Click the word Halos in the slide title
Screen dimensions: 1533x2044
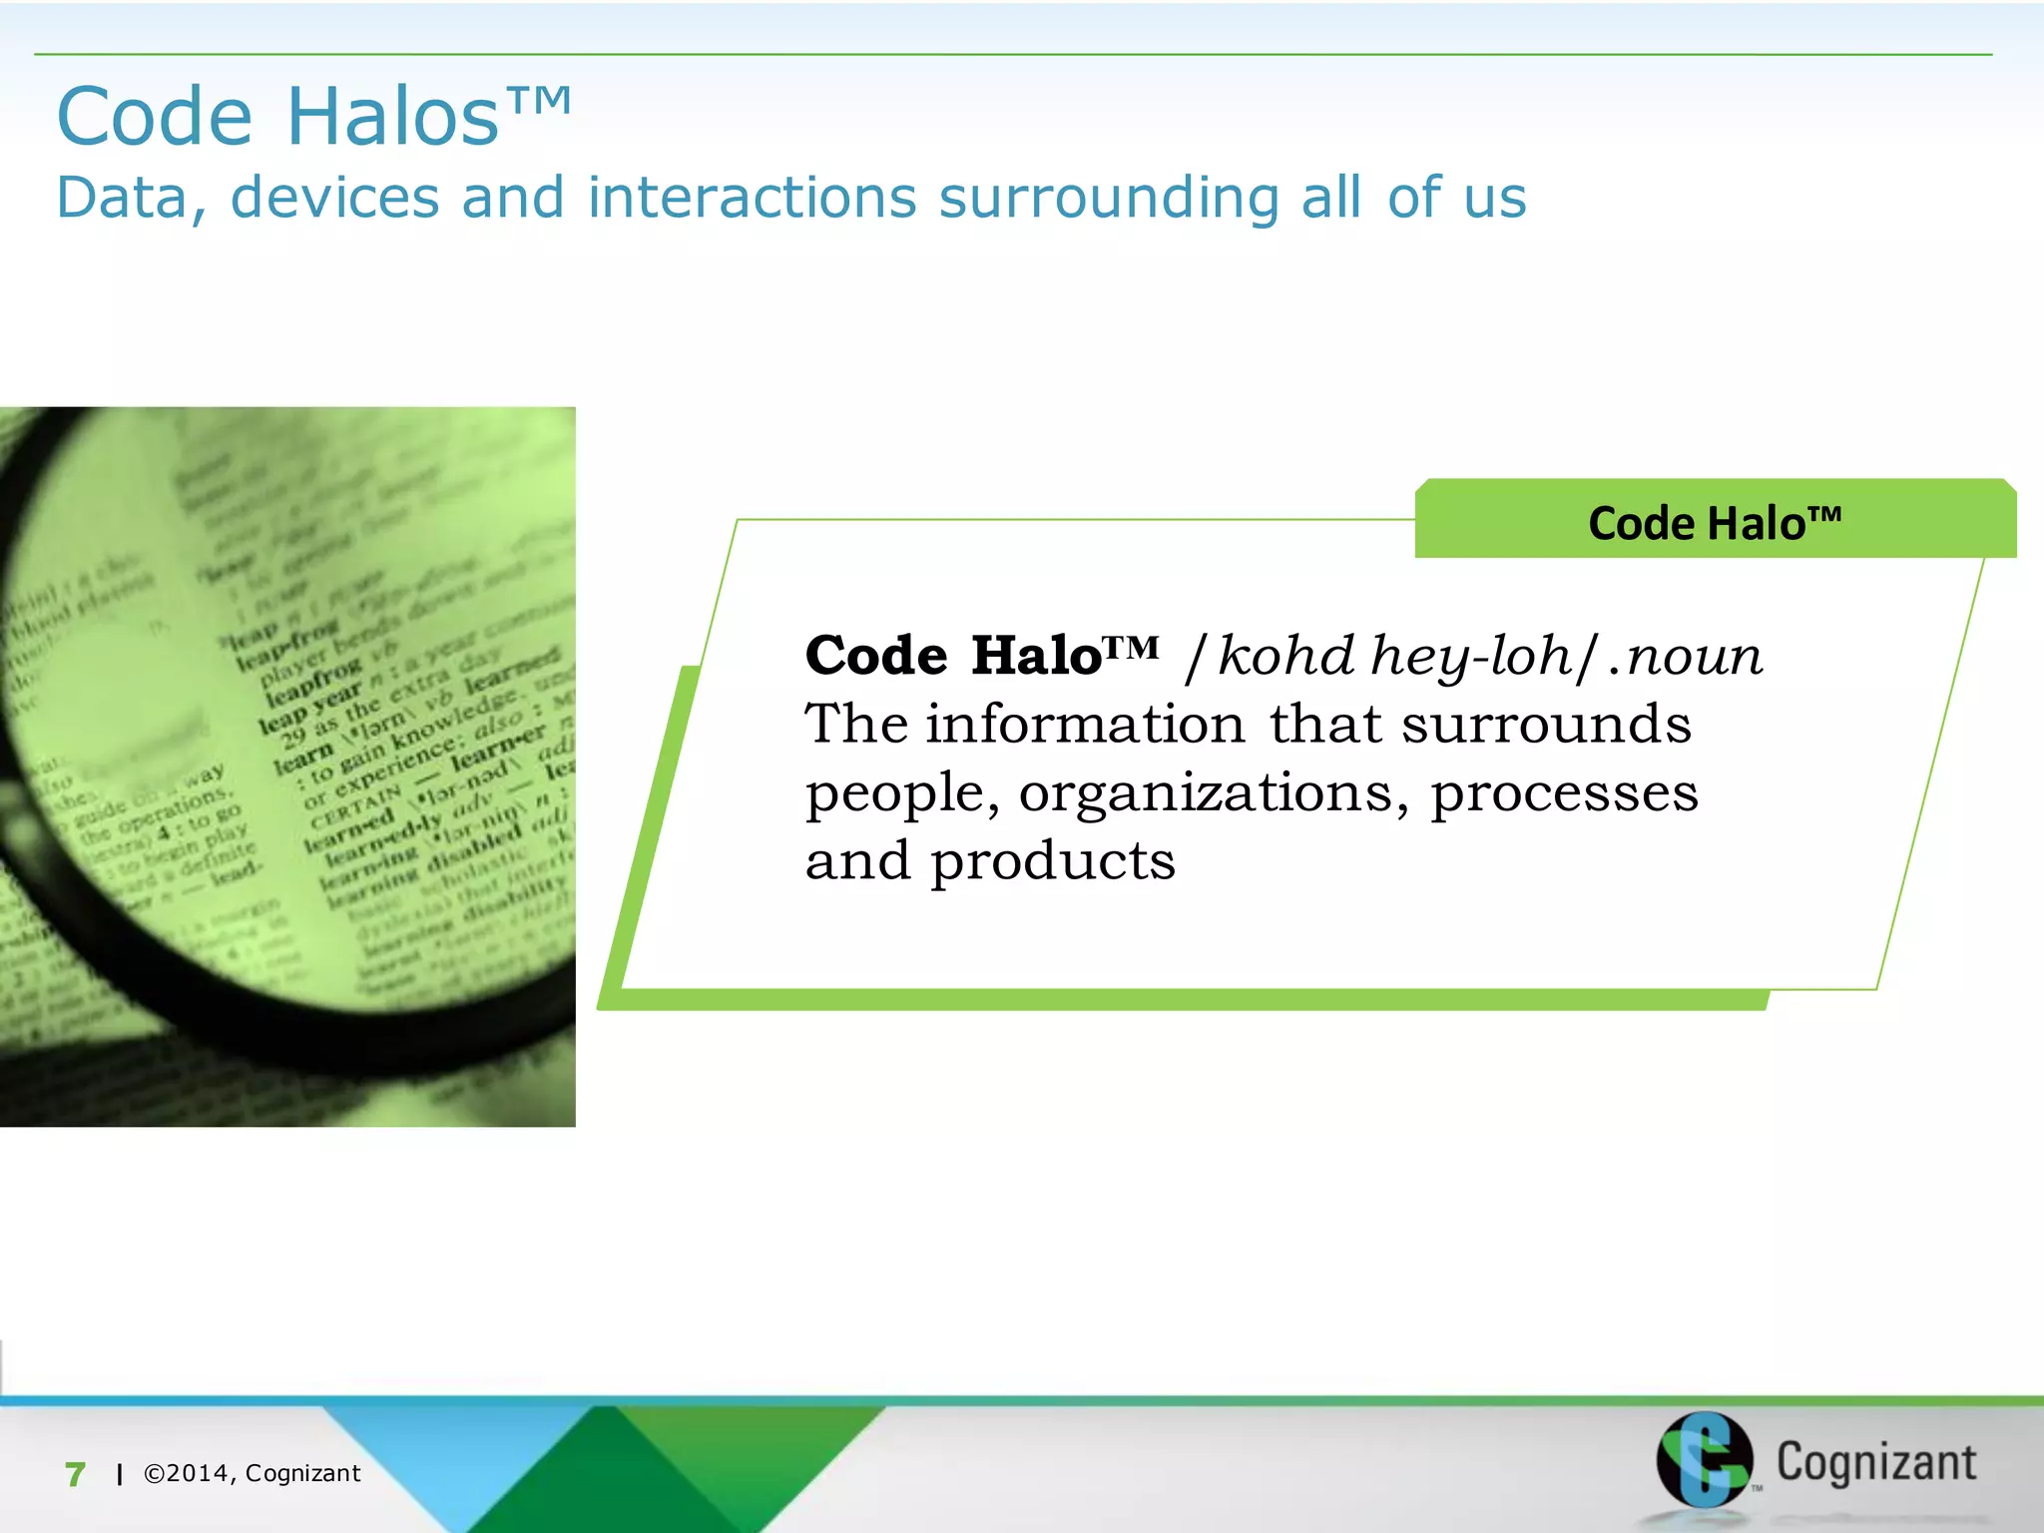coord(392,117)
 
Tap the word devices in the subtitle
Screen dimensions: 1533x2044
coord(334,197)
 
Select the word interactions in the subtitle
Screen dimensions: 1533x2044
coord(752,197)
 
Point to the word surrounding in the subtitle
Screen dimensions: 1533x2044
coord(1109,197)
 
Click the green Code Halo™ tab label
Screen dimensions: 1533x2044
coord(1714,523)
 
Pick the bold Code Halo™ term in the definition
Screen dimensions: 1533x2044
coord(981,656)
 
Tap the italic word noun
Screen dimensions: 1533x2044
coord(1695,658)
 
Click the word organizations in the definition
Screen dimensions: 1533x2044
coord(1213,793)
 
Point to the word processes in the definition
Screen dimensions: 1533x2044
coord(1564,793)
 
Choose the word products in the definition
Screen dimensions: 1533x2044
coord(1053,861)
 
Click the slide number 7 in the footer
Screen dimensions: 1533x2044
coord(75,1474)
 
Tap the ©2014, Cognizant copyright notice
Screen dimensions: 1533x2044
coord(253,1473)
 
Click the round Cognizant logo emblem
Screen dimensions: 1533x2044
coord(1704,1460)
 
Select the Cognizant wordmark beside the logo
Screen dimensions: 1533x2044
coord(1875,1462)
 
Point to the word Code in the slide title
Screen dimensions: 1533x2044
coord(155,117)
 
